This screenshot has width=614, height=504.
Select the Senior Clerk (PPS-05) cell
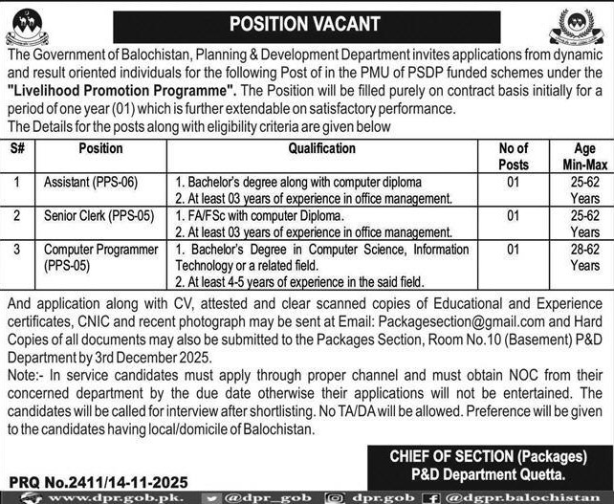(x=99, y=217)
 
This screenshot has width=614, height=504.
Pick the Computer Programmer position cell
(x=100, y=256)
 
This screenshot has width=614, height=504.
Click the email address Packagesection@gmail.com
(x=453, y=323)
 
